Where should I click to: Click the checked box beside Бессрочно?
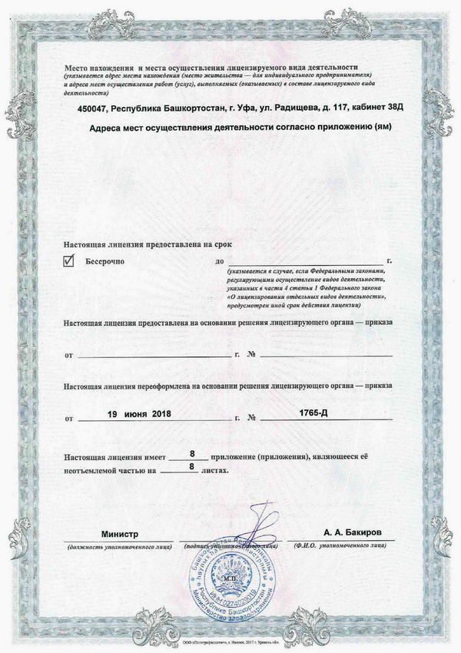69,261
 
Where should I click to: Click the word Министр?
118,533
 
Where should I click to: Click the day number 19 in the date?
112,414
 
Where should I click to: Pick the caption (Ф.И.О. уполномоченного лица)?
342,545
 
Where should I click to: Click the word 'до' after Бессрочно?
221,262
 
